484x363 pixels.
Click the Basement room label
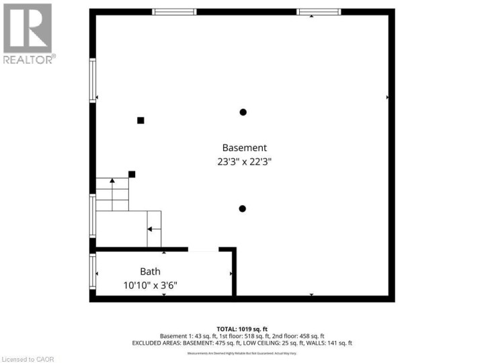[x=245, y=148]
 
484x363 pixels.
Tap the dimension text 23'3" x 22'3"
[x=244, y=161]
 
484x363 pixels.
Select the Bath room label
[x=150, y=272]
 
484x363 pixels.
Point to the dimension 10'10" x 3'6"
[x=150, y=285]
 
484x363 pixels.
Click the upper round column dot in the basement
[x=243, y=112]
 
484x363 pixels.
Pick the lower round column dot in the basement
[x=243, y=208]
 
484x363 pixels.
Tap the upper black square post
[x=140, y=120]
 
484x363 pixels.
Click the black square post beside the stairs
[x=132, y=174]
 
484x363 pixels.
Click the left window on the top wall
[x=174, y=11]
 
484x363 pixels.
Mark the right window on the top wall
[x=319, y=11]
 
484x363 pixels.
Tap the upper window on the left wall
[x=93, y=80]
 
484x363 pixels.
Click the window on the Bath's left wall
[x=93, y=271]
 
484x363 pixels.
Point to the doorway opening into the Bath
[x=203, y=249]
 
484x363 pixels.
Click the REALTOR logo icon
[x=28, y=28]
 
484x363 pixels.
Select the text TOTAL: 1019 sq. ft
[x=241, y=329]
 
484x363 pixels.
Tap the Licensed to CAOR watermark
[x=28, y=358]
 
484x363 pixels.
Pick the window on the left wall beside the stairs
[x=93, y=215]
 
